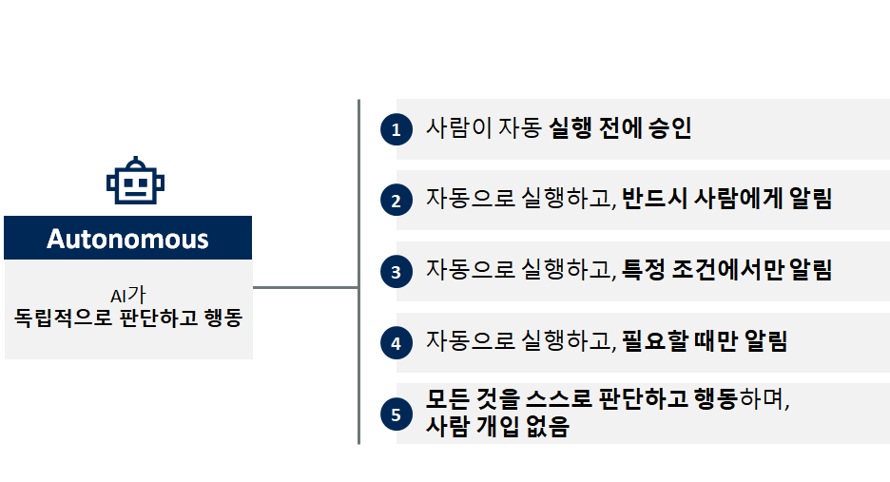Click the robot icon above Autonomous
click(128, 182)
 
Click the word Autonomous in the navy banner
click(127, 238)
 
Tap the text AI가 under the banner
click(128, 296)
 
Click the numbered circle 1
click(396, 130)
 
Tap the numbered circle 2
click(396, 201)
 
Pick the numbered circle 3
click(396, 272)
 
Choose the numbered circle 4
click(396, 343)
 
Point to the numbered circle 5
click(396, 414)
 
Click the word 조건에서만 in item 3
click(726, 270)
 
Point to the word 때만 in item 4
click(722, 341)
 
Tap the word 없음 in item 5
click(547, 427)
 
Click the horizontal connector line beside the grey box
click(305, 286)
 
